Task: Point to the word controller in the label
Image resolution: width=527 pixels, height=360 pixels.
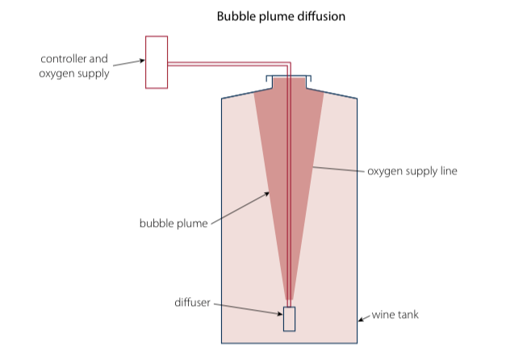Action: (63, 59)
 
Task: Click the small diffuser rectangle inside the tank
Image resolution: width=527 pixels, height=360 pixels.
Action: (290, 319)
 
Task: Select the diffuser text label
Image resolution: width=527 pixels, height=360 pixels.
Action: (192, 303)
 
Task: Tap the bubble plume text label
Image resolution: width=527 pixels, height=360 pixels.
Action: (174, 224)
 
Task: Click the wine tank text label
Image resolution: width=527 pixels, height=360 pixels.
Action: (395, 315)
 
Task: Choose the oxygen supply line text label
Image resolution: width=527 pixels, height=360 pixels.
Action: (412, 171)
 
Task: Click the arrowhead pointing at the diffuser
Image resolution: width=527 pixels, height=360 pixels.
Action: (280, 314)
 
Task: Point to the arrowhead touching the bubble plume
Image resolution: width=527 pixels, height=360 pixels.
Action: (266, 194)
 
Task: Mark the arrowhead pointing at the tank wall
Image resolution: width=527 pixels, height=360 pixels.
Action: (361, 320)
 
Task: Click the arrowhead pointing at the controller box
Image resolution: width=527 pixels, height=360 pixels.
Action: (142, 61)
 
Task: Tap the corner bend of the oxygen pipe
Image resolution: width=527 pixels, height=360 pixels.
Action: (289, 64)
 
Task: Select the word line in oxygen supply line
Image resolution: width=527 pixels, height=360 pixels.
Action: (449, 171)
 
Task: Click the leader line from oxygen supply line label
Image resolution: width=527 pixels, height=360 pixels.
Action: (338, 170)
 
